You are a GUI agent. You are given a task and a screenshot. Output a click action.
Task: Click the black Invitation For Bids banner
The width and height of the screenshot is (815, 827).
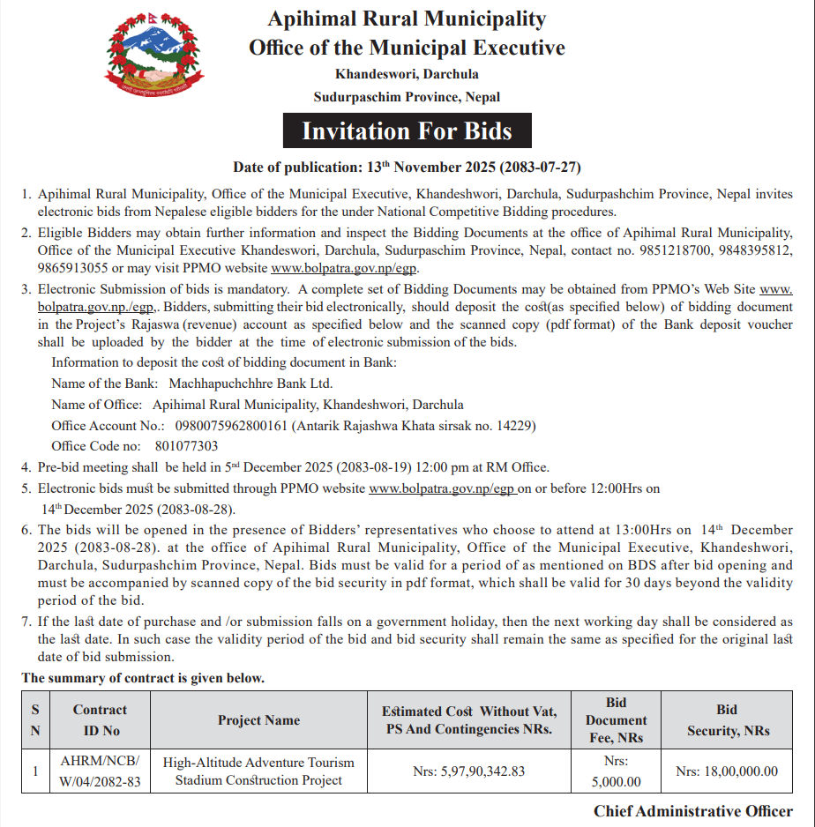[407, 131]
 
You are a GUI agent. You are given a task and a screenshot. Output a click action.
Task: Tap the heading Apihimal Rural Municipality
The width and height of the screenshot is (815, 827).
[407, 19]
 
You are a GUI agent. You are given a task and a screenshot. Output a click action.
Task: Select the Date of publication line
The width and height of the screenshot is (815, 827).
[407, 167]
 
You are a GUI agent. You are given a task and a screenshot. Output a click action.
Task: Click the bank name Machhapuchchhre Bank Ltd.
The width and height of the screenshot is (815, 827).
[251, 384]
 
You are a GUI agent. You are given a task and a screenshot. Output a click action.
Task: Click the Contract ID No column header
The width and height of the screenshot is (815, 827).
[100, 719]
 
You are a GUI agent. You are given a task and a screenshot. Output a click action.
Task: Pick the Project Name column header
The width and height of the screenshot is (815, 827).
[258, 720]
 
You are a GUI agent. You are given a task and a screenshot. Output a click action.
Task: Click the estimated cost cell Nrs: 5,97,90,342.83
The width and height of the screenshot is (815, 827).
[468, 771]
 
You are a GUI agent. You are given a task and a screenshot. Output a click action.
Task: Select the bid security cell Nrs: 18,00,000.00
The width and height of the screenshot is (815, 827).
[727, 771]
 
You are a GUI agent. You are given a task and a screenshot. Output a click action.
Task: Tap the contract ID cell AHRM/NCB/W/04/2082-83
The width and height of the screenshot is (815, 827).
[100, 771]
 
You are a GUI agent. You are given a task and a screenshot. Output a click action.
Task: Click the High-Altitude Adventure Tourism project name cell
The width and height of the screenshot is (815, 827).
[258, 771]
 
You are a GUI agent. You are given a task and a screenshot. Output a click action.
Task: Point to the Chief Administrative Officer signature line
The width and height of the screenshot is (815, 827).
[692, 811]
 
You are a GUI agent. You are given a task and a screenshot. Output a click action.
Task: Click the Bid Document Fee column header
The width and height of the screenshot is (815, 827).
[616, 719]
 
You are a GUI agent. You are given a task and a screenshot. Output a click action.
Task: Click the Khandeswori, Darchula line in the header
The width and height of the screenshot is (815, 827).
[407, 73]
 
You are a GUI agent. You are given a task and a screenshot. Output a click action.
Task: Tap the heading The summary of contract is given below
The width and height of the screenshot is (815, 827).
[143, 678]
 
